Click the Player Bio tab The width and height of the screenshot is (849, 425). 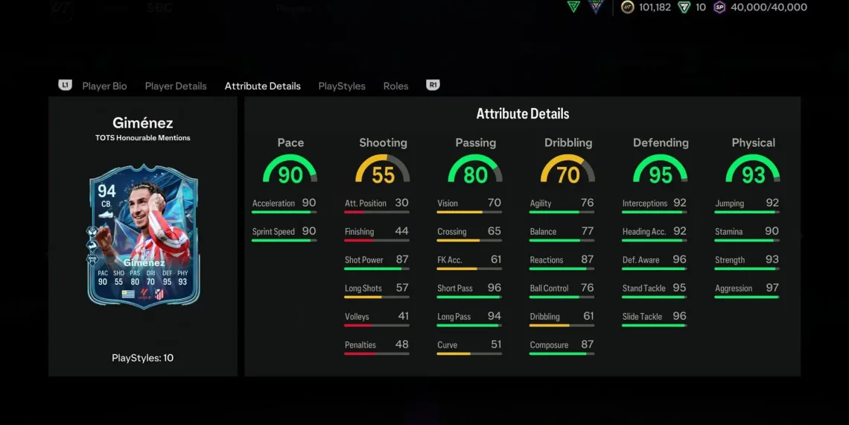click(x=104, y=86)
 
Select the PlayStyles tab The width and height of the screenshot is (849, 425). click(x=342, y=86)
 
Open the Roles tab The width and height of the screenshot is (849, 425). click(x=395, y=86)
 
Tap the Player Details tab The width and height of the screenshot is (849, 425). click(x=176, y=86)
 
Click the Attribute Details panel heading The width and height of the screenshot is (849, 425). click(x=523, y=114)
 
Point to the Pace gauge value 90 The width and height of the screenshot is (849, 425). click(x=290, y=174)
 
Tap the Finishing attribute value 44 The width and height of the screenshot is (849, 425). click(x=401, y=231)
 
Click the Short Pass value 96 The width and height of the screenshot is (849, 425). click(x=494, y=288)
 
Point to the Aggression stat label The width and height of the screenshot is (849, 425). click(x=734, y=289)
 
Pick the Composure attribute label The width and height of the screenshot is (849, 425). click(x=549, y=345)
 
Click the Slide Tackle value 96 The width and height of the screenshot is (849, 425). click(x=679, y=316)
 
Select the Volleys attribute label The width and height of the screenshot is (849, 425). click(x=357, y=317)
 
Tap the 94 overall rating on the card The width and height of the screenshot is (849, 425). click(x=106, y=192)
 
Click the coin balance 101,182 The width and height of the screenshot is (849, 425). click(x=654, y=7)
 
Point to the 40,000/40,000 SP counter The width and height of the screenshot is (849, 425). click(x=769, y=7)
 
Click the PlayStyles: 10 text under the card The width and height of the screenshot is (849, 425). click(x=142, y=358)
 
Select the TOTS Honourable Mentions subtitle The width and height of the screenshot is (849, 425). click(x=142, y=138)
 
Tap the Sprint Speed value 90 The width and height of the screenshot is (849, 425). click(x=308, y=231)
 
